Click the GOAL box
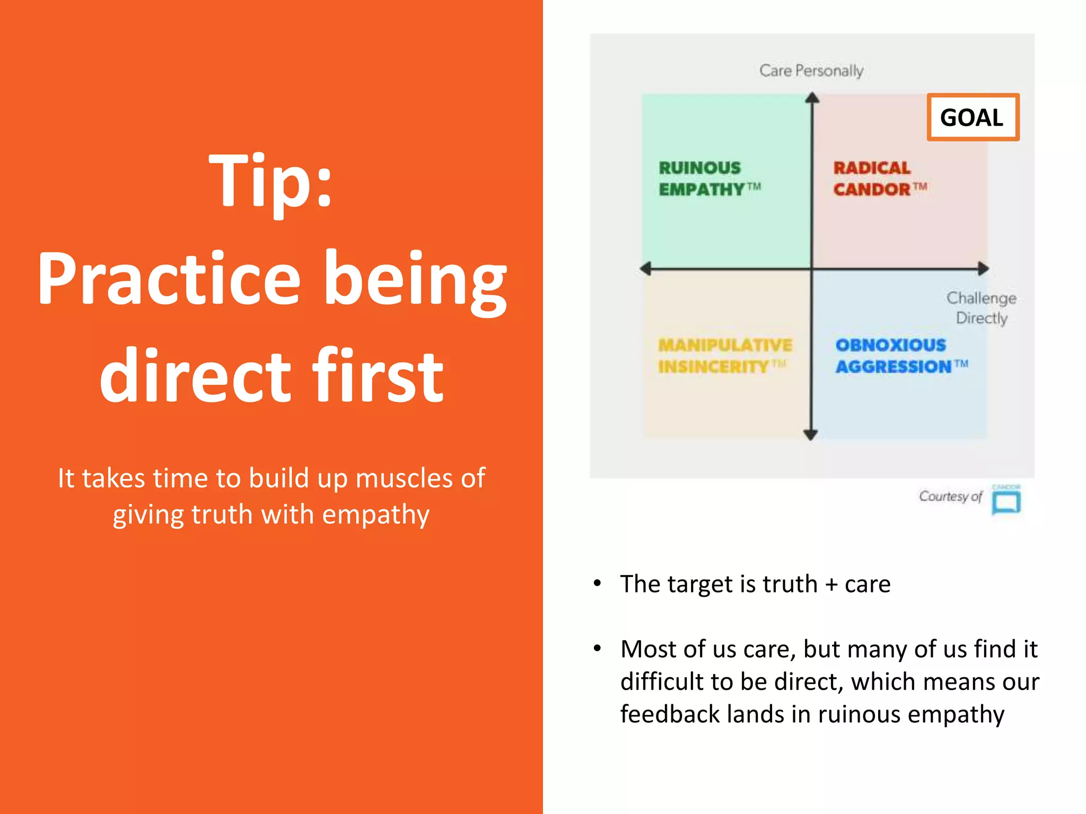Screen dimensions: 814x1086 [x=973, y=117]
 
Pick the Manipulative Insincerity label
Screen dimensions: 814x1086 [x=724, y=356]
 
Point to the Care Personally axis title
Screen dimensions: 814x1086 [x=811, y=70]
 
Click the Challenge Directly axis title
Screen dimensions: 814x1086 [x=982, y=308]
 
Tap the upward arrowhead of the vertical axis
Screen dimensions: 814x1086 [x=812, y=98]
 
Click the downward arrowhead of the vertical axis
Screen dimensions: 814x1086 [x=810, y=435]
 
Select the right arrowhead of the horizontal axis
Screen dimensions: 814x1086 [x=983, y=269]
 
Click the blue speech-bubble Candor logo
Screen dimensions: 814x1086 [x=1006, y=501]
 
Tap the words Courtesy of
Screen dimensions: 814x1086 [x=950, y=497]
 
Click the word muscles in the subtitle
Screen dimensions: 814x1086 [x=405, y=478]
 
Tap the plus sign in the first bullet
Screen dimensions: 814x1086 [x=831, y=585]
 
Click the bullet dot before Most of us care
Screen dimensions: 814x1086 [x=598, y=649]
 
